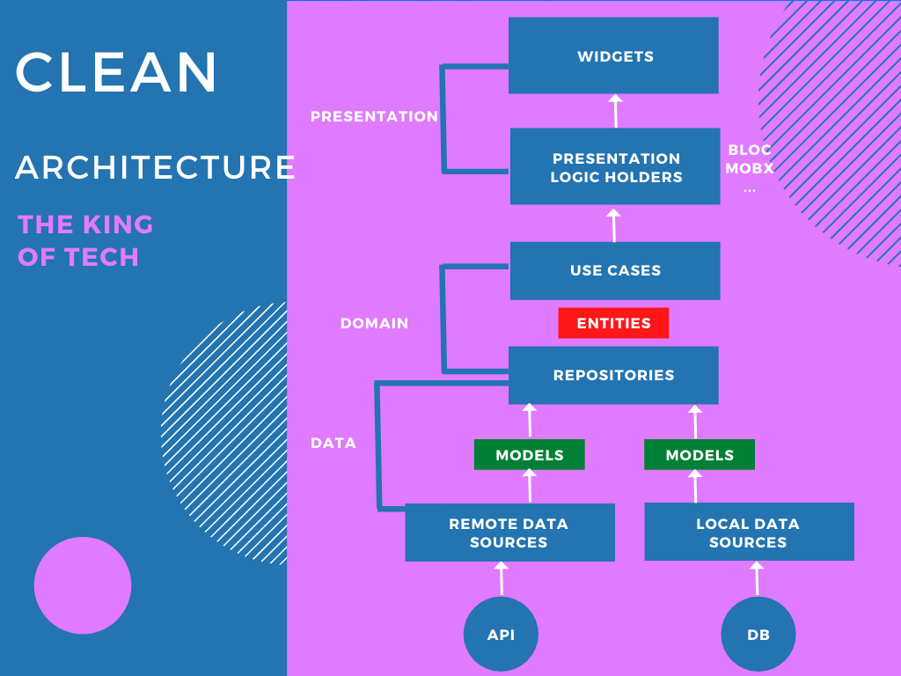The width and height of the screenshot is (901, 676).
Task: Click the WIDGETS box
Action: click(x=613, y=55)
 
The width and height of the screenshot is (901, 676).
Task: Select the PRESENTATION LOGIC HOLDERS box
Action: click(x=615, y=167)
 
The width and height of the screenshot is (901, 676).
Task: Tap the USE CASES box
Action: click(x=615, y=270)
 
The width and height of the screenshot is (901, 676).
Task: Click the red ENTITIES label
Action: click(x=613, y=323)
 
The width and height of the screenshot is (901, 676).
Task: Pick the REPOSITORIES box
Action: click(x=613, y=375)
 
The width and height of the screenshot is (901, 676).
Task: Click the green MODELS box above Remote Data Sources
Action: click(x=529, y=455)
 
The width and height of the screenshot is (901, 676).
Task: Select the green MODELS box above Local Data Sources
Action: click(x=700, y=455)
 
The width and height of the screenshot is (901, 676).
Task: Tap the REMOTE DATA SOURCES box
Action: click(x=509, y=533)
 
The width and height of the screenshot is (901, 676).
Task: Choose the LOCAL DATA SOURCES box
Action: click(x=749, y=533)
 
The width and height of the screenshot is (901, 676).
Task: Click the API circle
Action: click(x=501, y=634)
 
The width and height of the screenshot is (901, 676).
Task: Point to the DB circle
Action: click(x=758, y=634)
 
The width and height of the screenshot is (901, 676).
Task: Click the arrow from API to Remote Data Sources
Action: click(x=502, y=578)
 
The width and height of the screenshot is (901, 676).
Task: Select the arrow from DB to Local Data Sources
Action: click(x=757, y=578)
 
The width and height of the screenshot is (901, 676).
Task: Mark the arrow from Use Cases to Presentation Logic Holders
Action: click(x=614, y=224)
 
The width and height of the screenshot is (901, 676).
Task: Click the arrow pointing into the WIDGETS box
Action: click(x=615, y=111)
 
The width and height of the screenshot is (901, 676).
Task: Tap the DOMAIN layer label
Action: click(x=374, y=323)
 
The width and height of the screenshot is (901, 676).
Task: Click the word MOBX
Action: click(x=750, y=168)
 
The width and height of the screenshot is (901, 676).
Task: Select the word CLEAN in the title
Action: click(x=116, y=73)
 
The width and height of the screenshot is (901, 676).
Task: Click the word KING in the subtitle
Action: click(x=118, y=224)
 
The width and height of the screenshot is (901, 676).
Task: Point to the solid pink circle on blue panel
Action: click(x=83, y=585)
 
